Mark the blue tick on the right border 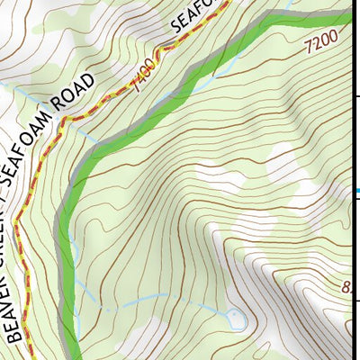click(x=357, y=191)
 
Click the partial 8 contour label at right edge click(x=348, y=289)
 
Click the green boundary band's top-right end click(x=346, y=15)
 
